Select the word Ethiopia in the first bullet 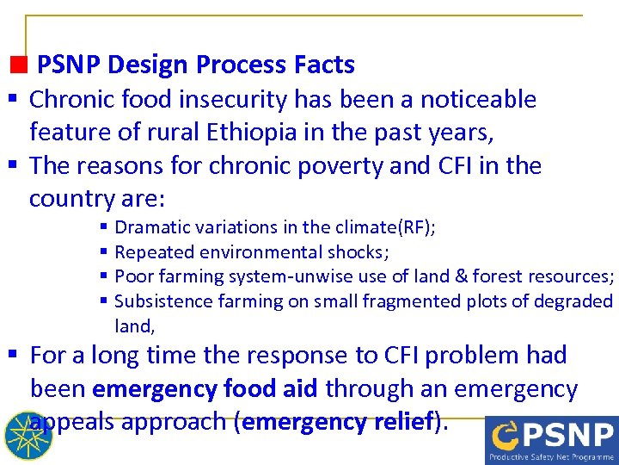pos(246,133)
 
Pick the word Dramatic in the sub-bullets pos(152,227)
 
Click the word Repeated pos(151,252)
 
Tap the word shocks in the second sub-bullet pos(359,252)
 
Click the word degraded pos(577,301)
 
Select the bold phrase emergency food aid pos(204,389)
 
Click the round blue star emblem pos(28,436)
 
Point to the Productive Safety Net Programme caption pos(550,456)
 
